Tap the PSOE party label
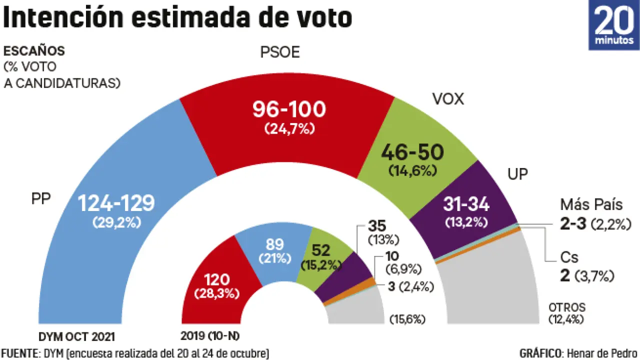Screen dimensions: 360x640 (280, 52)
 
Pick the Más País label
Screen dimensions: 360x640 (591, 205)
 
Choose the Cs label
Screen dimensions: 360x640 (569, 257)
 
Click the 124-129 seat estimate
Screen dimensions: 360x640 (116, 203)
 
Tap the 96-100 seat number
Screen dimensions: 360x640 (289, 109)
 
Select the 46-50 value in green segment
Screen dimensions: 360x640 (412, 151)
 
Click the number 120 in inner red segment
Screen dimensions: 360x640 (216, 278)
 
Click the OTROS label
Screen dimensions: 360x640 (566, 307)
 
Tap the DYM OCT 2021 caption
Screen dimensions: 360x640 (80, 335)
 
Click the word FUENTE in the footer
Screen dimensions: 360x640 (19, 353)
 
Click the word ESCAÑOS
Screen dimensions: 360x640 (34, 51)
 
